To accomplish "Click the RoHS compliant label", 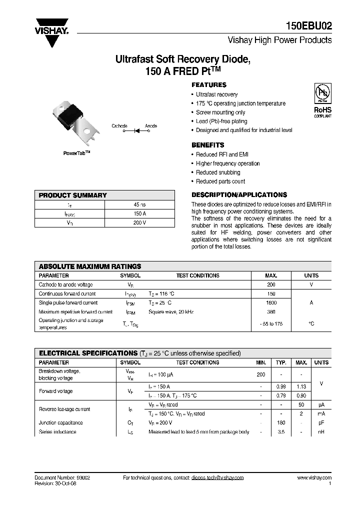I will pyautogui.click(x=322, y=111).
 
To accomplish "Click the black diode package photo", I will pyautogui.click(x=73, y=116).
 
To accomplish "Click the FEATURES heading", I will pyautogui.click(x=209, y=85).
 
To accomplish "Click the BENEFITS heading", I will pyautogui.click(x=208, y=145).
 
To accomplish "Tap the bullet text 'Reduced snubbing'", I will pyautogui.click(x=218, y=172).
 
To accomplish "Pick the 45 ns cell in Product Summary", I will pyautogui.click(x=140, y=205).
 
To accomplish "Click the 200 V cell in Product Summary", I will pyautogui.click(x=140, y=222).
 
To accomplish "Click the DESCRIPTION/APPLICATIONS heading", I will pyautogui.click(x=239, y=195).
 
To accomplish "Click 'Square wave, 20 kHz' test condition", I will pyautogui.click(x=171, y=312).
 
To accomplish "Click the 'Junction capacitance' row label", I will pyautogui.click(x=61, y=423).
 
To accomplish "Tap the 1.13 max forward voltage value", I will pyautogui.click(x=301, y=386).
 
